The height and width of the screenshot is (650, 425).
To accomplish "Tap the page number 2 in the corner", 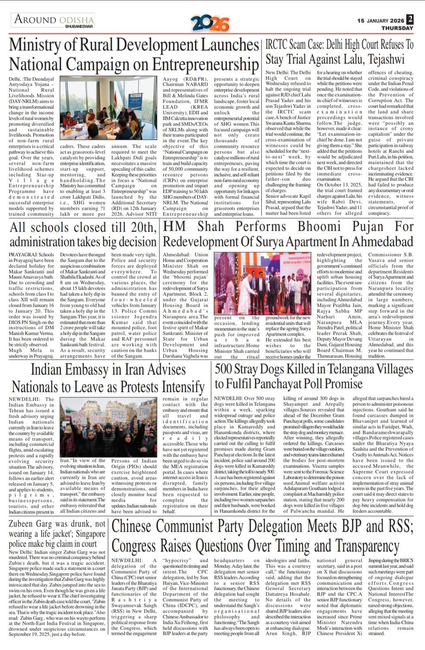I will click(x=409, y=20).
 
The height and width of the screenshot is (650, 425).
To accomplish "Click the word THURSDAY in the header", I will click(x=397, y=28).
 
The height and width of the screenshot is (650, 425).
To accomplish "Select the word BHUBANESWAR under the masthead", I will click(x=79, y=27).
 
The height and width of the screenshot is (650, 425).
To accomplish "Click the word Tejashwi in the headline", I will click(x=386, y=59).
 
